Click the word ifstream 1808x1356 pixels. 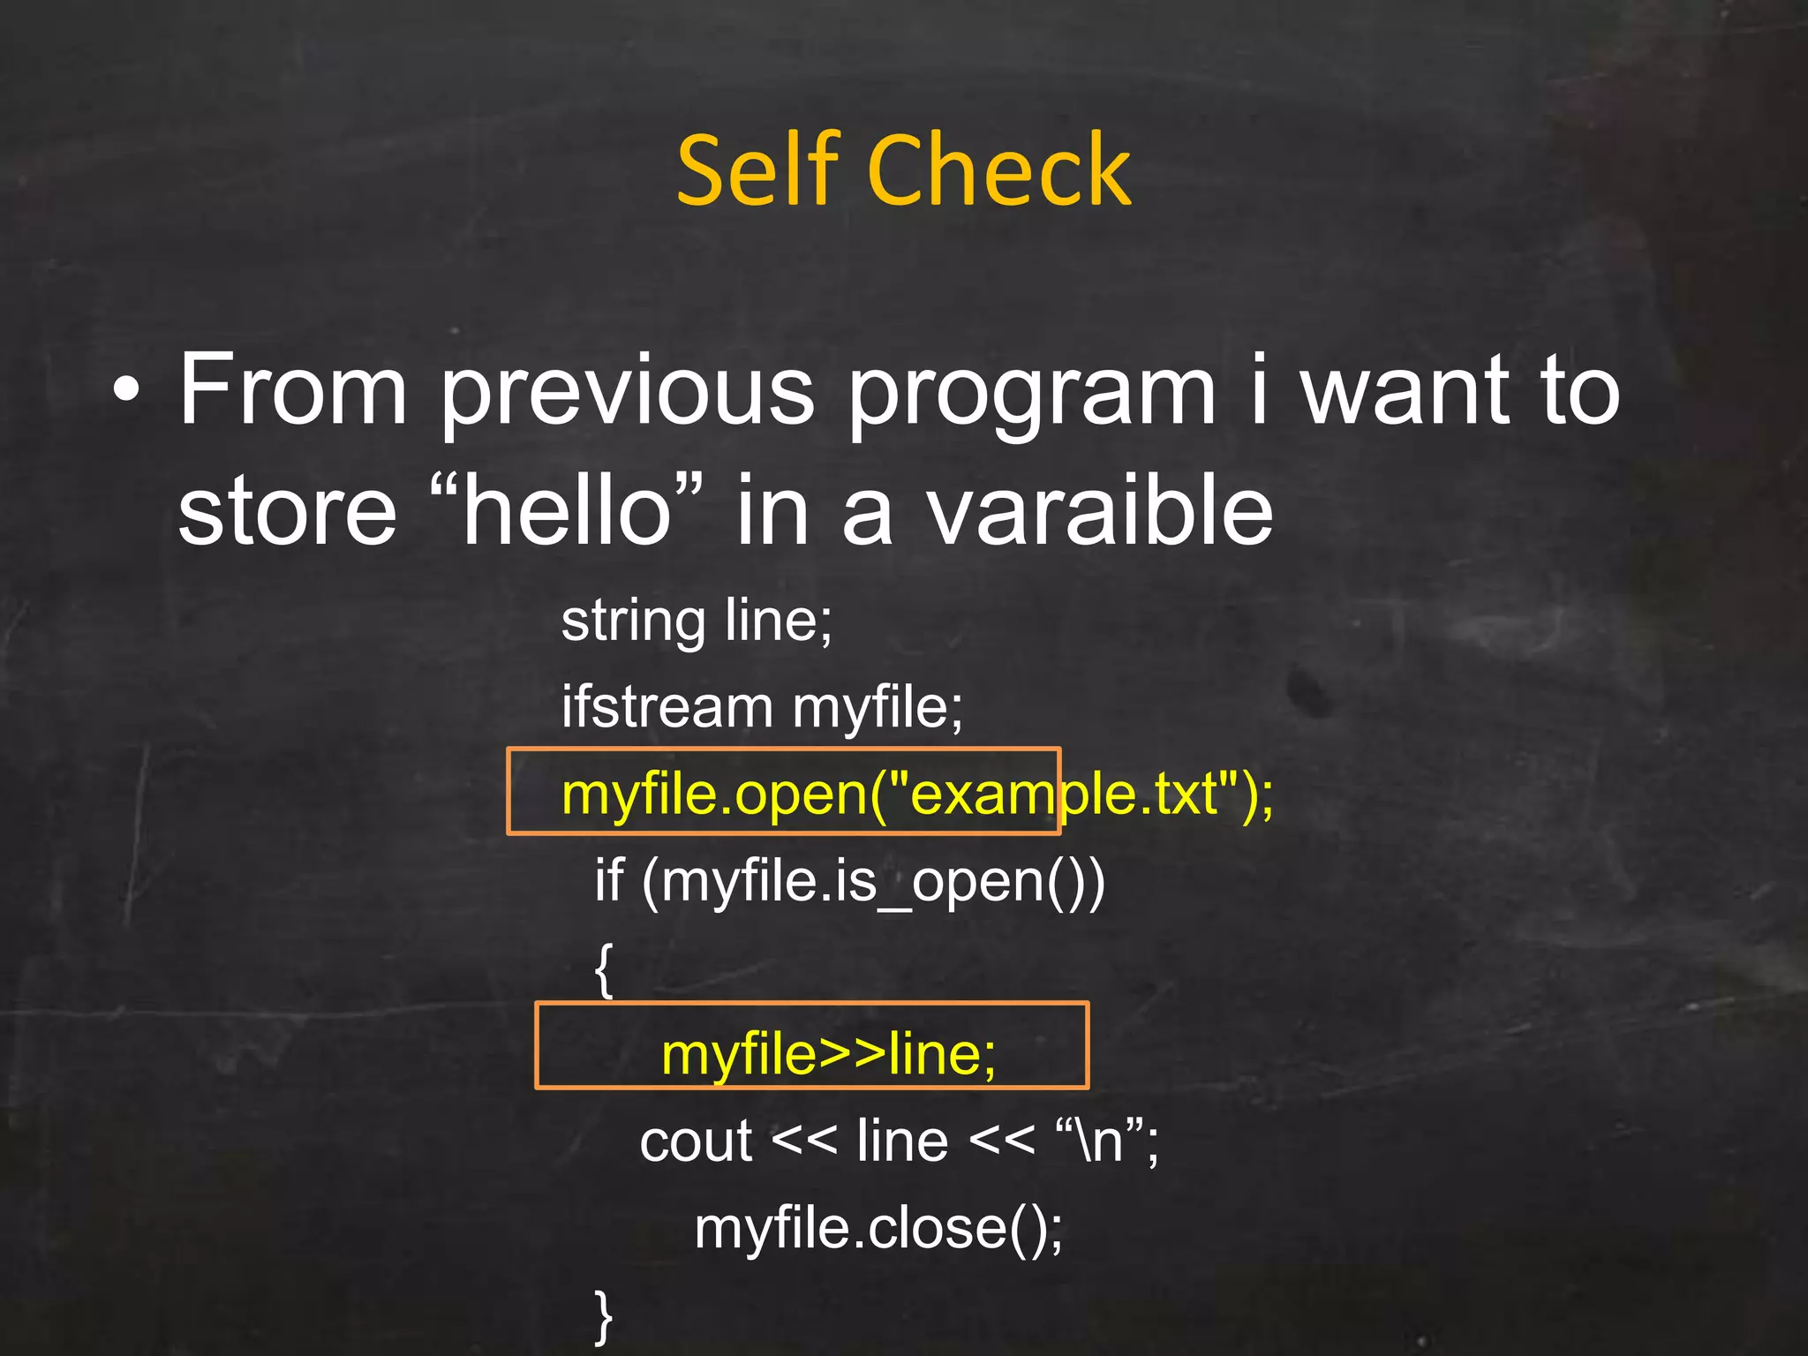[667, 706]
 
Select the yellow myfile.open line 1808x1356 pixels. [917, 794]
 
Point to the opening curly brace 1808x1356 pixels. [604, 969]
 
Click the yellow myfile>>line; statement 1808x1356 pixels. [829, 1054]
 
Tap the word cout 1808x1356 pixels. [695, 1141]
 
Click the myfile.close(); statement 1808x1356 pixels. [878, 1228]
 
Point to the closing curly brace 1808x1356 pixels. [604, 1316]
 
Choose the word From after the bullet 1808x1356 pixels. [293, 389]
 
